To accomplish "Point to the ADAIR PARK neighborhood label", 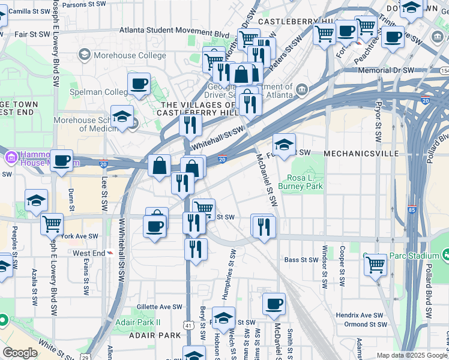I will (152, 336).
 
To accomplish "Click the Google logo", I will (20, 353).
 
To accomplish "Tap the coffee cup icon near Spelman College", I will (139, 84).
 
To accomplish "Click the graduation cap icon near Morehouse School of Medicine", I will (122, 116).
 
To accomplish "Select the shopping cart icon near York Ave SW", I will (52, 224).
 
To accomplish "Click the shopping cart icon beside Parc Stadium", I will (376, 263).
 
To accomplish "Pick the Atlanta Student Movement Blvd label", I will (174, 34).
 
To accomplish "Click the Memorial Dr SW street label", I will (387, 70).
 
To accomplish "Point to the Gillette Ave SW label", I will (159, 307).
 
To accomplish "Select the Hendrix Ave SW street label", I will (360, 315).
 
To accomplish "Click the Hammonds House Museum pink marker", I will (10, 158).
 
